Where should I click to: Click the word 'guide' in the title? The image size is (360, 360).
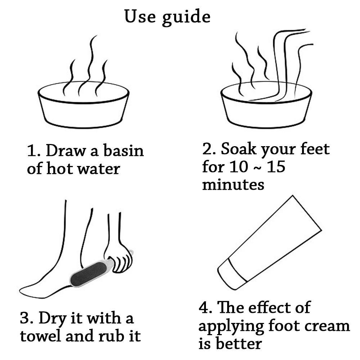(x=186, y=17)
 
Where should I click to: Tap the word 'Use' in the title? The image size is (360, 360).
(x=140, y=16)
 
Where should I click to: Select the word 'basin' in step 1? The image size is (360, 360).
(x=123, y=150)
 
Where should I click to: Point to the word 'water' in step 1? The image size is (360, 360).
(x=99, y=169)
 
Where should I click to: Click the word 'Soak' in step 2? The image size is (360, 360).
(x=238, y=149)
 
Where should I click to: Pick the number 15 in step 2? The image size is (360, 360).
(x=276, y=167)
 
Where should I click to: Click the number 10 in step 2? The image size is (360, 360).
(x=239, y=167)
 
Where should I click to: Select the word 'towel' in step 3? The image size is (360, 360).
(x=41, y=336)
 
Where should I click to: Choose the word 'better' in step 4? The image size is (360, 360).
(x=239, y=344)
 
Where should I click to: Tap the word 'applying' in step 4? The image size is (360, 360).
(x=231, y=327)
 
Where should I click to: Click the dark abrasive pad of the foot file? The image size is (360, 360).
(x=89, y=274)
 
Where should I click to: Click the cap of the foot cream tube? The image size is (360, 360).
(x=232, y=274)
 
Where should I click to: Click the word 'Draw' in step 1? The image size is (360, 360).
(x=66, y=150)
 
